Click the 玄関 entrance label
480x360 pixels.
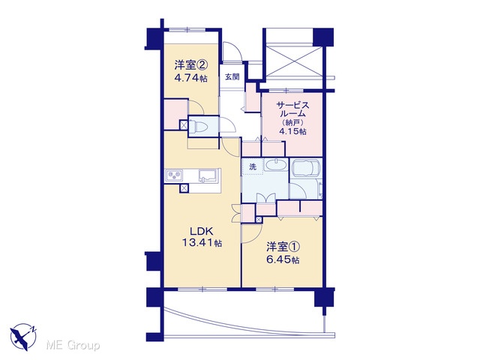click(232, 76)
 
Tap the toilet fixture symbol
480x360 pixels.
click(198, 126)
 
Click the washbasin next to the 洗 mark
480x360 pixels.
click(275, 165)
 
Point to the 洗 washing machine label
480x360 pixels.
click(253, 166)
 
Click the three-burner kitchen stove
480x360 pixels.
click(174, 175)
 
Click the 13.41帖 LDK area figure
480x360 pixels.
click(202, 243)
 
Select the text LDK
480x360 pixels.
click(202, 231)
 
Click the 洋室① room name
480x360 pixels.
click(283, 247)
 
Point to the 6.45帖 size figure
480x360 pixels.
click(283, 260)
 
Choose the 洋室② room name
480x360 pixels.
click(191, 65)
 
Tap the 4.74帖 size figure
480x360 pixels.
click(191, 78)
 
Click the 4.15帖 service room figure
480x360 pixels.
click(292, 131)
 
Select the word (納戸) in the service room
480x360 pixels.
click(292, 122)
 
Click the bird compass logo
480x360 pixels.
click(23, 337)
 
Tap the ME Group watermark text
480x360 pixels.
click(73, 346)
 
